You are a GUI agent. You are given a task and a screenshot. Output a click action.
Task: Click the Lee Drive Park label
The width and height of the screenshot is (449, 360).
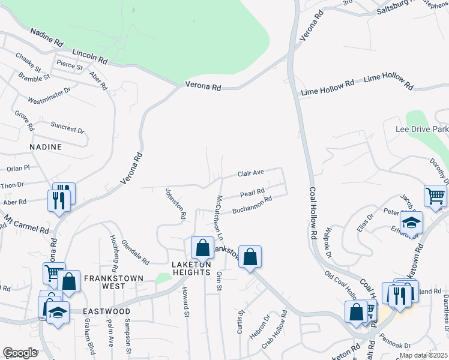(x=422, y=129)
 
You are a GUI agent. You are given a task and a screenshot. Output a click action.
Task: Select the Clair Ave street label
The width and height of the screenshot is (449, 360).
(x=251, y=173)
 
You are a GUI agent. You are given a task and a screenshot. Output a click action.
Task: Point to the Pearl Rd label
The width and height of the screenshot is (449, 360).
(x=252, y=193)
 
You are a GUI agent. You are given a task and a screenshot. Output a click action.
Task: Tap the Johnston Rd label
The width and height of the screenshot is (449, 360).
(x=175, y=202)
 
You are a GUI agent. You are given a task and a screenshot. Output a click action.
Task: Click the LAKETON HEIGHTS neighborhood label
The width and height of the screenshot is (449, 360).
(x=191, y=269)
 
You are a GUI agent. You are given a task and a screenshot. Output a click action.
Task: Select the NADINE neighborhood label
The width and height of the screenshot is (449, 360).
(x=46, y=146)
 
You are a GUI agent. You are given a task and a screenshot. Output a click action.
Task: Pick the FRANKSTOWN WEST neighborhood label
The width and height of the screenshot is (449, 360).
(x=113, y=282)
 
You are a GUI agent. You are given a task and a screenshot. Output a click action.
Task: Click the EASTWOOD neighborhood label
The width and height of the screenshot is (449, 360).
(x=106, y=311)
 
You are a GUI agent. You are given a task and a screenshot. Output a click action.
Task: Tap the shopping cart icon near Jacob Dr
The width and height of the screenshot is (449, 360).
(x=435, y=194)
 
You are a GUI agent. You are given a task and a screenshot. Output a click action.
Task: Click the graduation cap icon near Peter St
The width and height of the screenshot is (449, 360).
(x=411, y=222)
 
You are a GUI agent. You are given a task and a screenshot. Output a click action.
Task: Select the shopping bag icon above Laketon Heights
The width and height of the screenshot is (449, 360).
(x=203, y=247)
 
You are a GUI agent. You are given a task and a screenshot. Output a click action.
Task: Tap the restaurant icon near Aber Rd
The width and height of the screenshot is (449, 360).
(x=59, y=200)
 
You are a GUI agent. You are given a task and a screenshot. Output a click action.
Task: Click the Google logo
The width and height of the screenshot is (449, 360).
(x=20, y=353)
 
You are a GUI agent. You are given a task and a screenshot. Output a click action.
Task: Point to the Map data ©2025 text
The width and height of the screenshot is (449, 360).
(x=423, y=355)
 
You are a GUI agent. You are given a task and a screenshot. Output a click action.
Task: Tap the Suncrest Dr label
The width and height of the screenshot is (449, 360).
(x=67, y=128)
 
